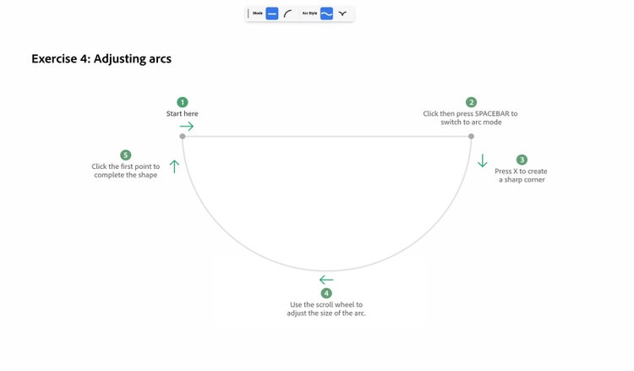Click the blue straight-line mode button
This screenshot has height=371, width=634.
272,14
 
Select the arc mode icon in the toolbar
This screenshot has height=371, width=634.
287,14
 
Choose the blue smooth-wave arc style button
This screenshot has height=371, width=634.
326,14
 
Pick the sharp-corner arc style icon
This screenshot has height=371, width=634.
342,14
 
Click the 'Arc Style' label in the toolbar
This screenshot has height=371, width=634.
309,14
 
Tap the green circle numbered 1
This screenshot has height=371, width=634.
183,102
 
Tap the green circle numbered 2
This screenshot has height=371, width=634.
471,102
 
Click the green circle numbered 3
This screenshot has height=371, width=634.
522,160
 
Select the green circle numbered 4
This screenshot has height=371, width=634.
326,293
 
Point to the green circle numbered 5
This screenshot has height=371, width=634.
126,155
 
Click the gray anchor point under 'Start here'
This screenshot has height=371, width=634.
183,136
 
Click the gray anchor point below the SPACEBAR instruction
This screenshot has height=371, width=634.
471,136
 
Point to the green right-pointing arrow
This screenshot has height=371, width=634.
187,127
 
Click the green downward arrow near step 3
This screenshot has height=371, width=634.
483,161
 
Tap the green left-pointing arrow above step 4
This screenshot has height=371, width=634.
326,280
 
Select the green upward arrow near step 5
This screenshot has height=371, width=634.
174,166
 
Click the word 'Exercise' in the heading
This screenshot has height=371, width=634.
54,58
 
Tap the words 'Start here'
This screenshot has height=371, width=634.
183,113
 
